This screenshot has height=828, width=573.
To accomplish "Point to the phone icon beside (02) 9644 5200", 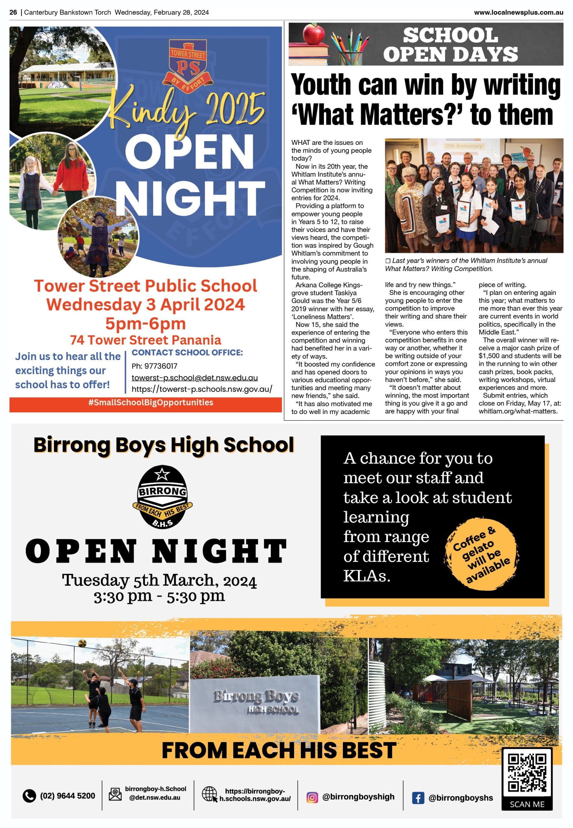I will click(x=29, y=796).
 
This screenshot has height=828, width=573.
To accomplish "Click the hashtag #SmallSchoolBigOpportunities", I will click(x=151, y=403).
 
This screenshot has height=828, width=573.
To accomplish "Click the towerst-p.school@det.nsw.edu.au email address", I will click(x=195, y=377).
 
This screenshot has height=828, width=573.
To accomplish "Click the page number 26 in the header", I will click(x=13, y=12).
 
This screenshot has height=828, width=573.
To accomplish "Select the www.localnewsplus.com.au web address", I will click(x=518, y=12).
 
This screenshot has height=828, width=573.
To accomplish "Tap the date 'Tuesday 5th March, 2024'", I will click(x=159, y=580).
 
